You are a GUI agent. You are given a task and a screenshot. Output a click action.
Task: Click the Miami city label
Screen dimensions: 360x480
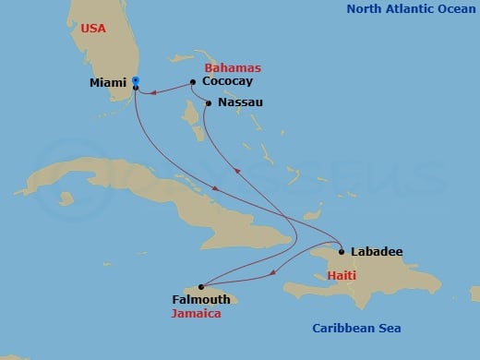pos(108,83)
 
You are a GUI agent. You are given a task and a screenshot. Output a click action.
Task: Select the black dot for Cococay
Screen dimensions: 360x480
pos(192,82)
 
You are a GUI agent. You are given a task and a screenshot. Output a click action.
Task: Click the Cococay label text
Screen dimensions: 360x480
pos(225,82)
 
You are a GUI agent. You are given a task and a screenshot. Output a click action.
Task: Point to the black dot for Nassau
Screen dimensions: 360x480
pos(209,102)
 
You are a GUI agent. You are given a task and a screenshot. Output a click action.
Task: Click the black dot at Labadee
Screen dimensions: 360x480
pos(342,251)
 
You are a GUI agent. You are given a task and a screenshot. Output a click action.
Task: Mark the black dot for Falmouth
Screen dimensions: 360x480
pos(201,287)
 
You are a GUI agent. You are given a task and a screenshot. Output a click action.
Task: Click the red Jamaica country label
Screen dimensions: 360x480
pos(197,313)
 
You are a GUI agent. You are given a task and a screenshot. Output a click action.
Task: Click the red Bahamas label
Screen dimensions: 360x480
pos(232,68)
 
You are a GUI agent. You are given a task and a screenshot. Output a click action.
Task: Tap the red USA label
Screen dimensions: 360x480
pos(93,29)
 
